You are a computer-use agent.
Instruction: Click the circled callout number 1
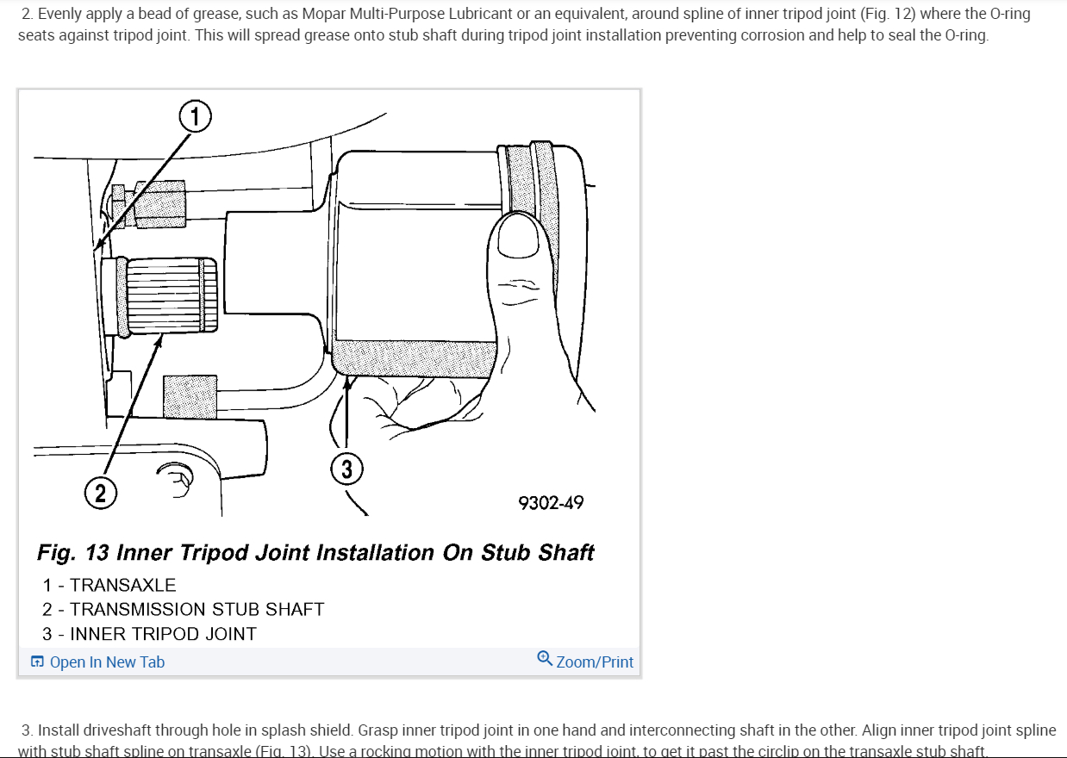(196, 115)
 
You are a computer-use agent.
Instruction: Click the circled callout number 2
(101, 493)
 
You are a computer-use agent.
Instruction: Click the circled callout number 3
(346, 469)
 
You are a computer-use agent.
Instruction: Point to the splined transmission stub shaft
(168, 295)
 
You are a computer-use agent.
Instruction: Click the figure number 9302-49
(551, 502)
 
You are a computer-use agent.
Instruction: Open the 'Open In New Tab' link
(107, 662)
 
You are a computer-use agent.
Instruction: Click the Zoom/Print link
(595, 662)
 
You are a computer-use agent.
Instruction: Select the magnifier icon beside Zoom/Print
(545, 659)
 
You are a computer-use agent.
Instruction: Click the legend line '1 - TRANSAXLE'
(109, 585)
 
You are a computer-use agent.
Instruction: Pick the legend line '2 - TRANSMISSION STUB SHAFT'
(183, 609)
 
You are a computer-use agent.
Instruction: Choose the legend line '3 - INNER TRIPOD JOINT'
(149, 633)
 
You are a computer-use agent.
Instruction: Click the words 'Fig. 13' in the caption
(72, 552)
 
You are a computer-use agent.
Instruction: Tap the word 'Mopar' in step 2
(324, 15)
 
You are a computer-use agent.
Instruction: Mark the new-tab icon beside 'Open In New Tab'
(37, 662)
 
